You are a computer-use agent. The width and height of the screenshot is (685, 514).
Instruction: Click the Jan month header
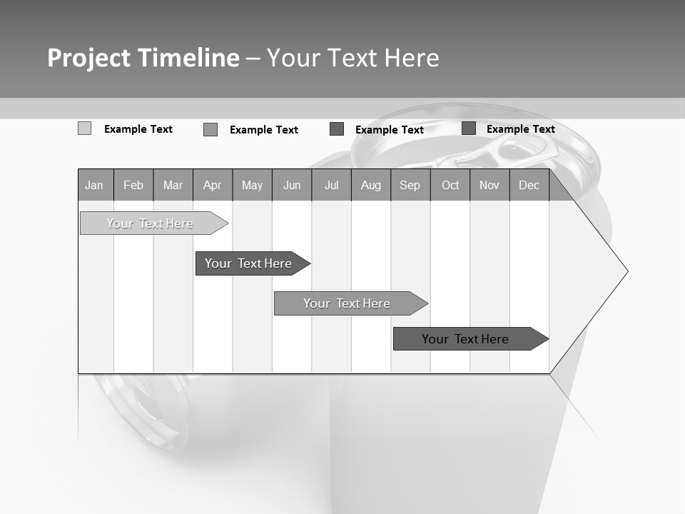pos(95,186)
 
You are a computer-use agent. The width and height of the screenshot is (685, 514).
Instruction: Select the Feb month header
pos(133,186)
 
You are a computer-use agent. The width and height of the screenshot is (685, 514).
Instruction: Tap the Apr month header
pos(213,186)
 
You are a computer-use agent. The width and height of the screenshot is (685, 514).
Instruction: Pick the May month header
pos(252,186)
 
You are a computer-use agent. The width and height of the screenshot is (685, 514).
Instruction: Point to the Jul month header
pos(331,186)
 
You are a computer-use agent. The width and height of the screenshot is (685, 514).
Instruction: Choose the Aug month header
pos(371,186)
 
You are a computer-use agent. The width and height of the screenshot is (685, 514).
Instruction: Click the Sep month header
pos(410,186)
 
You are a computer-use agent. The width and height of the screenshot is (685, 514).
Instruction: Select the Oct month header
pos(450,186)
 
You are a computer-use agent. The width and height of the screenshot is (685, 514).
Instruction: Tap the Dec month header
pos(529,186)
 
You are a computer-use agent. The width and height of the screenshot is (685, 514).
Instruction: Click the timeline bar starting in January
pos(151,223)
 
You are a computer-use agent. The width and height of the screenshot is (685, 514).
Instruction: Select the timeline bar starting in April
pos(249,263)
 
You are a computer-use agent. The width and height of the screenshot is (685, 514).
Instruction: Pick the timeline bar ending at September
pos(347,303)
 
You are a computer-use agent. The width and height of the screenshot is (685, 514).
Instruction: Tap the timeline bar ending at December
pos(466,339)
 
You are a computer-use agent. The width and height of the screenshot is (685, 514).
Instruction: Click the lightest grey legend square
pos(84,128)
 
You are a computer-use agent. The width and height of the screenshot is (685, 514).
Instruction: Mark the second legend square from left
pos(210,129)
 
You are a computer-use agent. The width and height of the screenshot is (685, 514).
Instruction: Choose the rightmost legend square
pos(469,128)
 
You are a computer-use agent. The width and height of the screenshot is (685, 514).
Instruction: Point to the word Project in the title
pos(88,58)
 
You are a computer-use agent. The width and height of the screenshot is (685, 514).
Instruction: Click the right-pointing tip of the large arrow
pos(626,271)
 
